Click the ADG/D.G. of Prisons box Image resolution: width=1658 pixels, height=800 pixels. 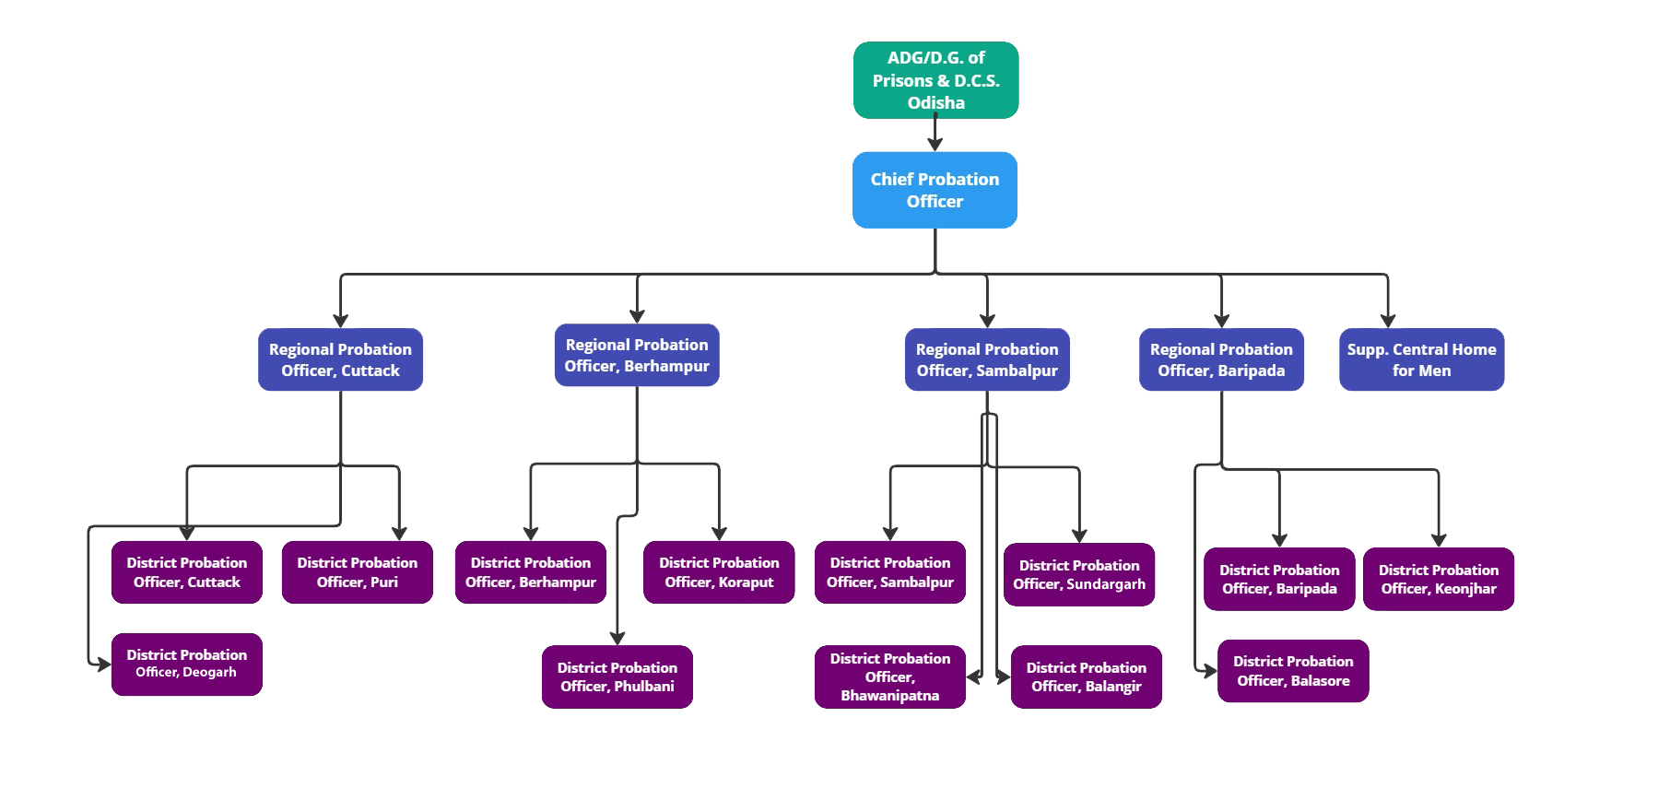click(x=935, y=80)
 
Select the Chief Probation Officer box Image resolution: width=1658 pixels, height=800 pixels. click(x=935, y=191)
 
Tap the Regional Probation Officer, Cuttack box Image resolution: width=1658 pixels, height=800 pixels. click(x=340, y=359)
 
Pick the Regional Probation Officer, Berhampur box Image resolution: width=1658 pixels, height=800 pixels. click(x=636, y=355)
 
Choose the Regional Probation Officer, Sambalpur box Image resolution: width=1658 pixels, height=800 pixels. click(x=987, y=359)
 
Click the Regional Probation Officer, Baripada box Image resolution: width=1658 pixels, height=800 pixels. click(x=1221, y=359)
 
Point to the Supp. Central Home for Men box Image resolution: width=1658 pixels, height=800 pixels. click(x=1421, y=359)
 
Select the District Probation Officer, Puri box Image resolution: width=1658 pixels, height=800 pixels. click(x=357, y=572)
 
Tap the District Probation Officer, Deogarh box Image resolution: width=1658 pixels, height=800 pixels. click(x=186, y=664)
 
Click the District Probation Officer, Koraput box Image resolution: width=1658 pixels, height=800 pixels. click(x=719, y=572)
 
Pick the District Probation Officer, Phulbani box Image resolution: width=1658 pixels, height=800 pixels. click(x=617, y=676)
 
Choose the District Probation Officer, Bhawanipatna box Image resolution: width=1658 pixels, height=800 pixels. click(x=889, y=676)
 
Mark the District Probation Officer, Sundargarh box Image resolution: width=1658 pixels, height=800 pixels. click(x=1079, y=574)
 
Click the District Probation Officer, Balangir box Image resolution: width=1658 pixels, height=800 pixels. click(x=1086, y=676)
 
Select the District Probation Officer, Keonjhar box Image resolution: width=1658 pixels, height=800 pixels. click(x=1438, y=579)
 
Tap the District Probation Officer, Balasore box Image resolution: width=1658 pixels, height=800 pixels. click(x=1292, y=671)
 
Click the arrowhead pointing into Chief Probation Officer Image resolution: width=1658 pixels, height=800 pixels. click(x=935, y=144)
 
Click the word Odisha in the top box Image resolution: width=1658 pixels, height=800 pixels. click(x=935, y=102)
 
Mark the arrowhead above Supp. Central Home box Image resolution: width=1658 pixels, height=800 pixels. click(x=1387, y=320)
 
